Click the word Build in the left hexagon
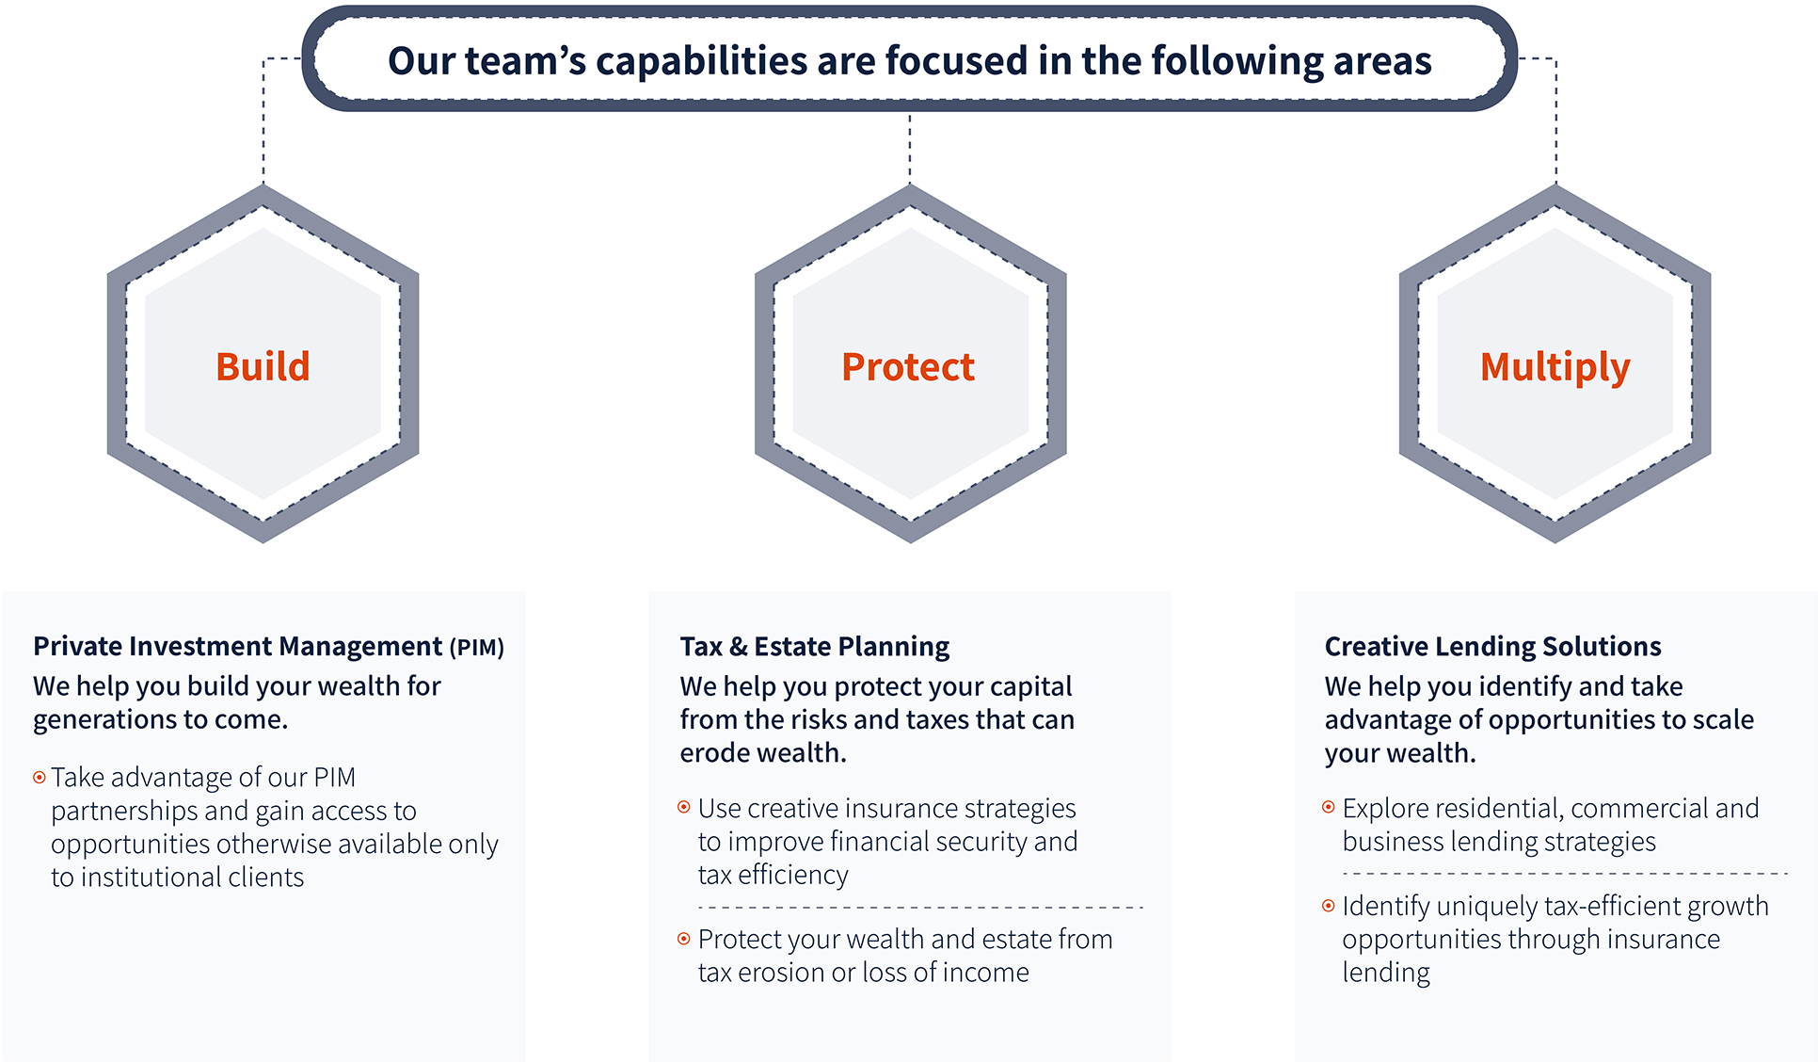point(263,366)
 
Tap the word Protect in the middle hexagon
point(908,366)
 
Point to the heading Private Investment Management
point(237,647)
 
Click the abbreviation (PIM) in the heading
point(477,648)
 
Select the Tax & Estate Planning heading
point(815,647)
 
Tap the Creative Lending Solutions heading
point(1492,647)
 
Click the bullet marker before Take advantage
point(40,778)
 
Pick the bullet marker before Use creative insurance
point(684,808)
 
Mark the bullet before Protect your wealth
point(684,939)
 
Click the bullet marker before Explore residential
point(1329,807)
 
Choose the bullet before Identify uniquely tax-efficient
point(1329,906)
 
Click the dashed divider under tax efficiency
point(920,908)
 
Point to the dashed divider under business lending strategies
point(1565,874)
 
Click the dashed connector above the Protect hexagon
point(910,148)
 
